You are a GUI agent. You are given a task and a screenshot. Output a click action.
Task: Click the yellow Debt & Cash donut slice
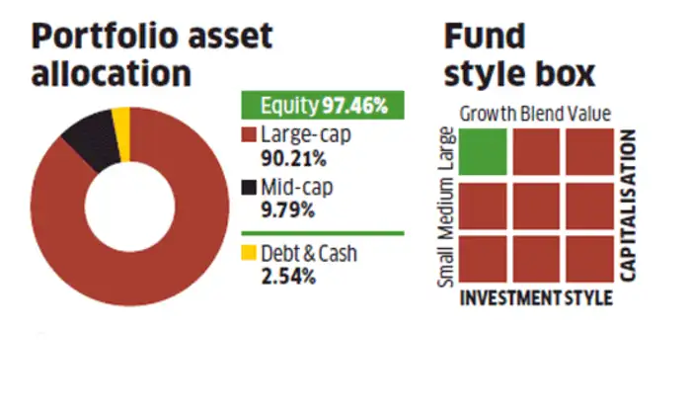[121, 121]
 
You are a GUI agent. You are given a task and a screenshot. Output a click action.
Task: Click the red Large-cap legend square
[249, 134]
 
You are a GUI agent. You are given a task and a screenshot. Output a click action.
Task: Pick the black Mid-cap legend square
[249, 187]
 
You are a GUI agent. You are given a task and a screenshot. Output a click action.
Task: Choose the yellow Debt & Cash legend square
[249, 253]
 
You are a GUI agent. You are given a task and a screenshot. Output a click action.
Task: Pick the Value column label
[589, 114]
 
